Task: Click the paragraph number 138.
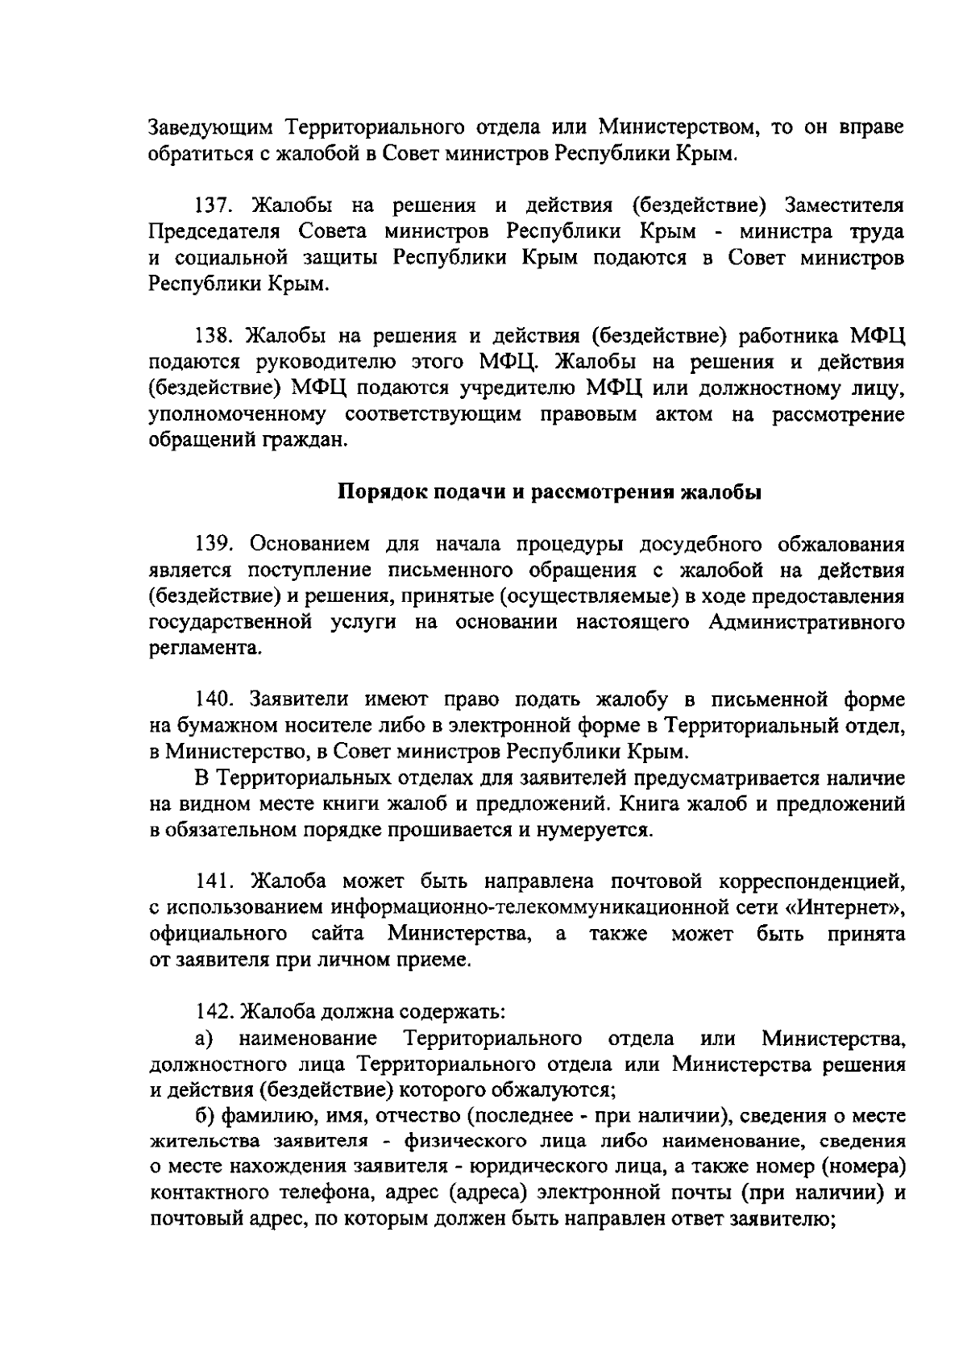pyautogui.click(x=214, y=335)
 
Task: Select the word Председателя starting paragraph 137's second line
pyautogui.click(x=214, y=232)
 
